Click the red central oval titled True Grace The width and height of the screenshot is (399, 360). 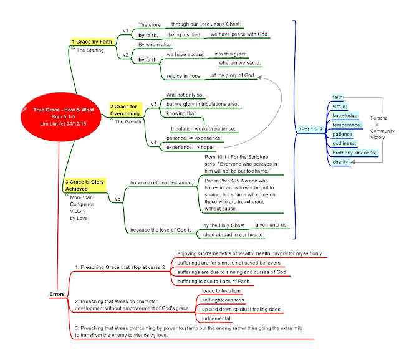pos(61,116)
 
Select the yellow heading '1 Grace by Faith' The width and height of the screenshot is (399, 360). pos(92,42)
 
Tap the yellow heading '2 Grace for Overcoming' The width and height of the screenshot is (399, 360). pos(125,110)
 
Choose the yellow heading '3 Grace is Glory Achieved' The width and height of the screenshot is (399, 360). pos(85,186)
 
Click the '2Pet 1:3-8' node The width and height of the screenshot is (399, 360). pos(310,130)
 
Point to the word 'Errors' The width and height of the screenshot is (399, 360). pos(57,294)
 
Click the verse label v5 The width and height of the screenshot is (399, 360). pos(118,199)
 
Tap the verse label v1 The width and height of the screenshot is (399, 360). pos(126,31)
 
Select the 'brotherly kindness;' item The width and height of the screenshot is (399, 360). pos(354,153)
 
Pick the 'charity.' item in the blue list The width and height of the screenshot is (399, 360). pos(340,162)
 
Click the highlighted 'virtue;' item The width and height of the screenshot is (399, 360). pos(339,107)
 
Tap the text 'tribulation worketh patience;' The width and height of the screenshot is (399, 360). pos(203,129)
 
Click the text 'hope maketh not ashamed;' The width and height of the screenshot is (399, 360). pos(161,182)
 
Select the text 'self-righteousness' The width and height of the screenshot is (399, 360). pos(223,300)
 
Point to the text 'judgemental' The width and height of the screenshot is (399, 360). pos(216,318)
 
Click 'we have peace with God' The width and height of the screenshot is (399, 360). pos(239,34)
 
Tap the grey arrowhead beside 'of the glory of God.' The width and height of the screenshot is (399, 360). pos(259,77)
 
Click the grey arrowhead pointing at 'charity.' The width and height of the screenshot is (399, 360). pos(353,162)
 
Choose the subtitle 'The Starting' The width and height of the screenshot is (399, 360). pos(90,50)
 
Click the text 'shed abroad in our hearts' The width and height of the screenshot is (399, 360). pos(233,235)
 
